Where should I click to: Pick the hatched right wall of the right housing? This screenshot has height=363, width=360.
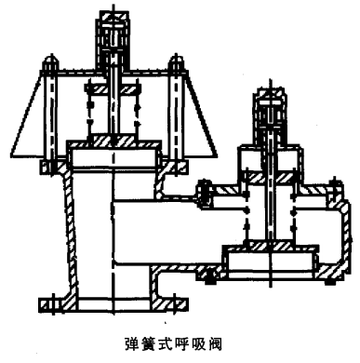332,233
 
